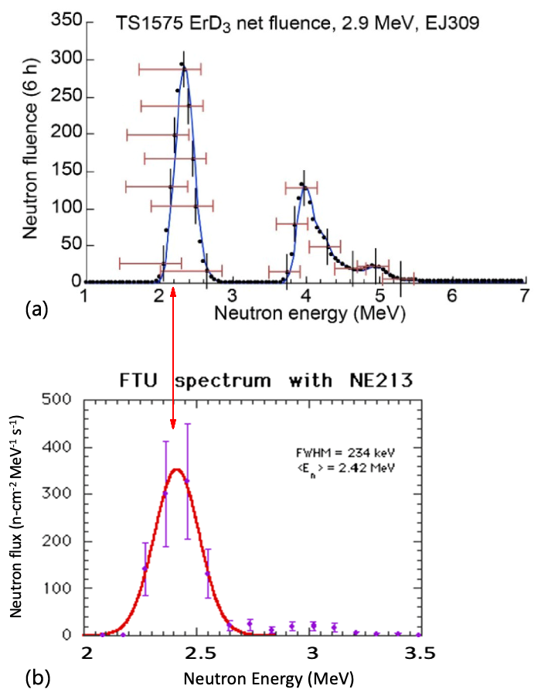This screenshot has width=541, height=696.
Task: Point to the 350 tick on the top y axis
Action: coord(59,20)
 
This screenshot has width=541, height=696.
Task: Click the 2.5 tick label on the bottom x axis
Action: coord(199,654)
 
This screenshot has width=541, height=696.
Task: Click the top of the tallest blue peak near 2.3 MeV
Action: coord(184,68)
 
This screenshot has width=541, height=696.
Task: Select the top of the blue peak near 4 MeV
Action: coord(305,186)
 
